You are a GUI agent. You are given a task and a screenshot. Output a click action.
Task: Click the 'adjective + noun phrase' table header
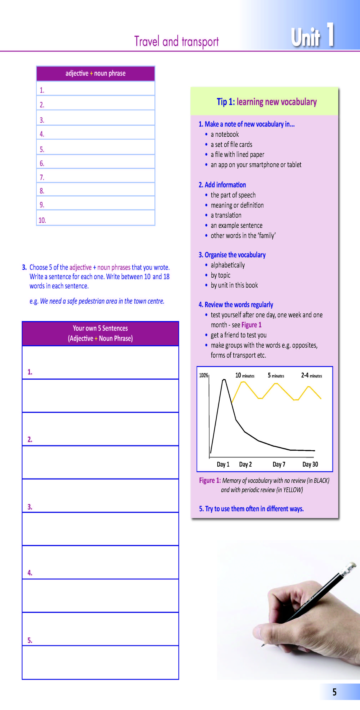(96, 73)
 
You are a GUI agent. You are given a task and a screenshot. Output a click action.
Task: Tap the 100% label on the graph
(204, 375)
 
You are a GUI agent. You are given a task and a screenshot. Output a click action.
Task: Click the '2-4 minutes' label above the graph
(311, 375)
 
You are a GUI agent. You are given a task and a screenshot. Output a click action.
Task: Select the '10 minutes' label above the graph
(245, 375)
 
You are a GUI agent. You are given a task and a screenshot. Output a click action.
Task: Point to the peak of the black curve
(224, 380)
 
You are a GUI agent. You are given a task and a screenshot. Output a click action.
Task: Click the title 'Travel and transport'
(176, 42)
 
